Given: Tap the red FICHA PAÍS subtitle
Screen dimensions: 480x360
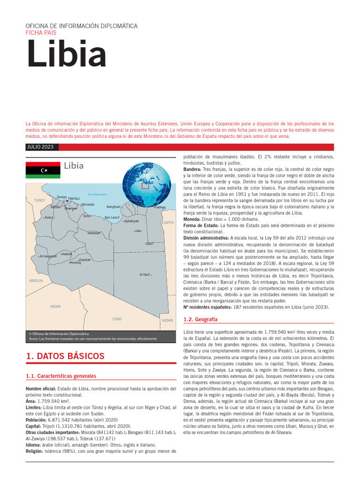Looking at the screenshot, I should [x=41, y=33].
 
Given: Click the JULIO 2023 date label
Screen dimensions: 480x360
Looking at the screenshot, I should [x=40, y=147].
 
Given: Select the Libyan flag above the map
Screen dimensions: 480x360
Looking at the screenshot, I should [x=43, y=170].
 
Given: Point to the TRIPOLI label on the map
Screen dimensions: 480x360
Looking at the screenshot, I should [x=74, y=199].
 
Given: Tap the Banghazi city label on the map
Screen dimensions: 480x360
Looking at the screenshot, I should [x=114, y=206].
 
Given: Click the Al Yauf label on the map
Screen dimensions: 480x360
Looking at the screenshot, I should [x=144, y=274].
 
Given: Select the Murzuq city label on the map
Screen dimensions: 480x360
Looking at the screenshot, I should [x=75, y=262].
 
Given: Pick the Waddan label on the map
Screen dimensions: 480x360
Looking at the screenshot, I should [x=94, y=232].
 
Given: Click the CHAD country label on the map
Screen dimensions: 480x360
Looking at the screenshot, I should [x=117, y=319].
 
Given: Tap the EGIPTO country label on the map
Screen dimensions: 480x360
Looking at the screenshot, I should [x=167, y=223].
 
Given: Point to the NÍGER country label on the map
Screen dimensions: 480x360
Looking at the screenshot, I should [x=55, y=307].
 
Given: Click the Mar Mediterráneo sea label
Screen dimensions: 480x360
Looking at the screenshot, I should [x=97, y=195].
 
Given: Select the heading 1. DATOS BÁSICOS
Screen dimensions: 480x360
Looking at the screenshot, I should [x=65, y=356].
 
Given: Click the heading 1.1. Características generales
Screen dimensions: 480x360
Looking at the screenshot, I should [x=61, y=376].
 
